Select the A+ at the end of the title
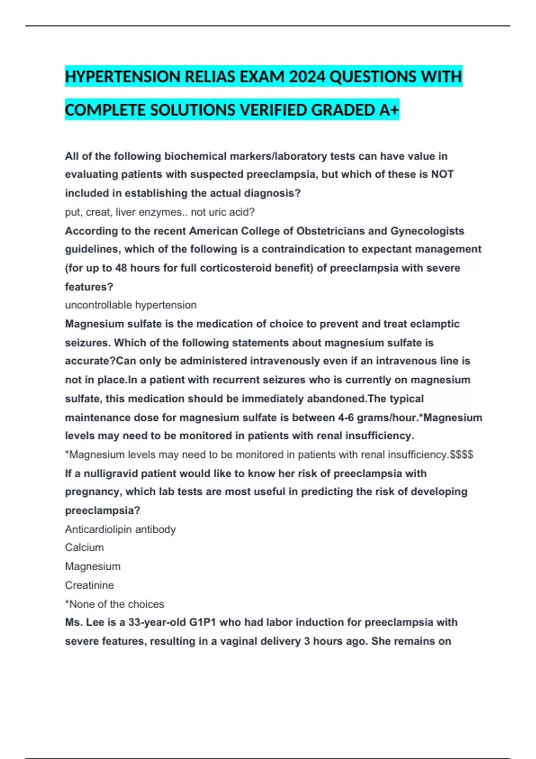[388, 110]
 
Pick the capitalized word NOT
[442, 175]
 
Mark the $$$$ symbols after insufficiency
[461, 455]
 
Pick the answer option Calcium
[84, 547]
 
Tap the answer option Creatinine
[89, 585]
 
